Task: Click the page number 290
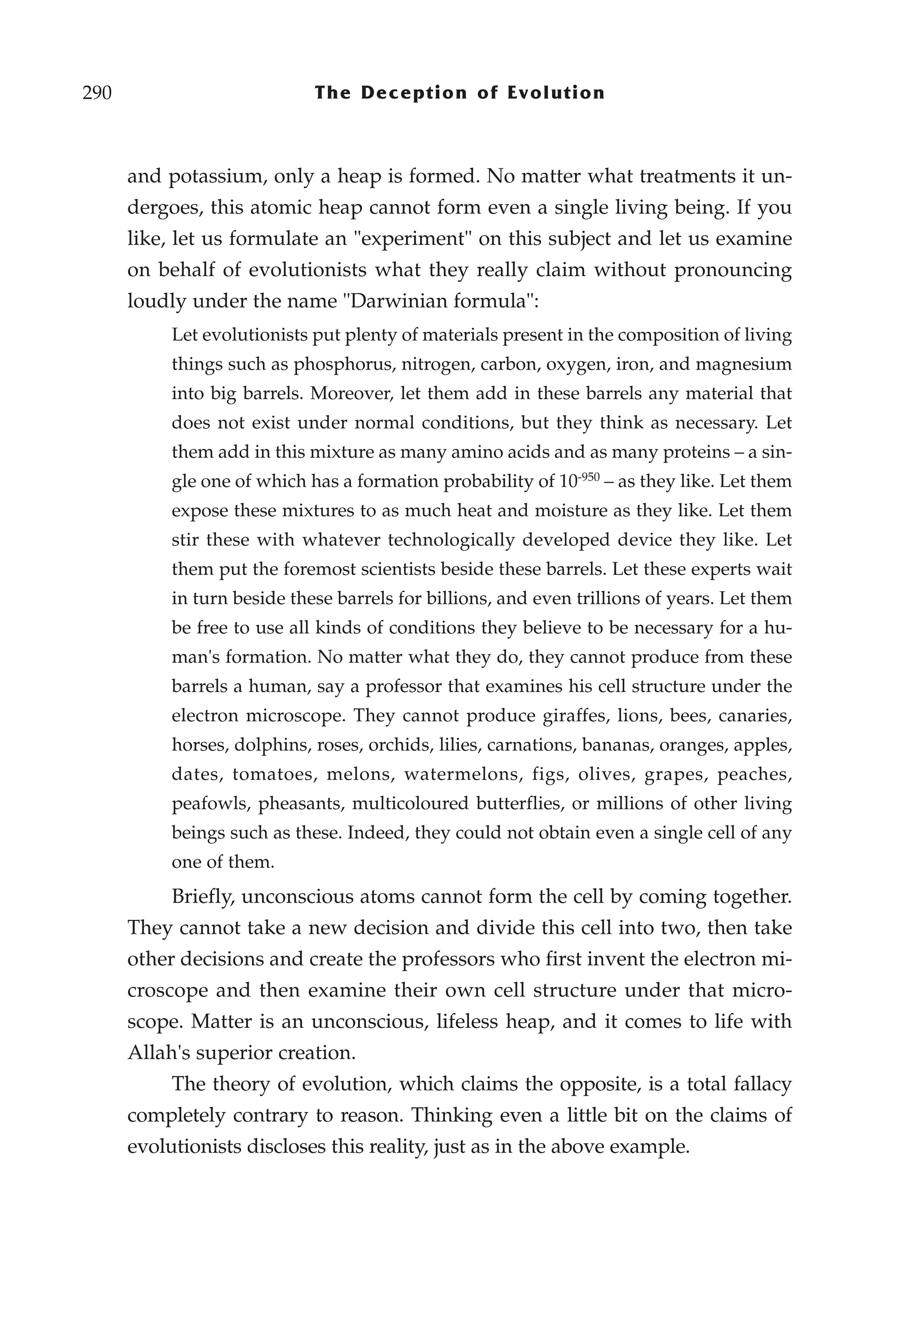[x=97, y=93]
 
